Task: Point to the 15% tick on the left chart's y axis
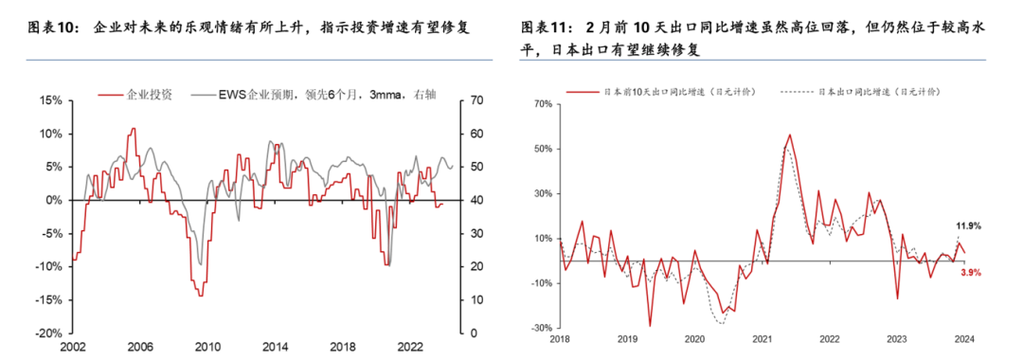pos(49,100)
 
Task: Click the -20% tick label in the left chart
pos(47,333)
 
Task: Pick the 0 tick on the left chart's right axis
pos(474,333)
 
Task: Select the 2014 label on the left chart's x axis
pos(275,348)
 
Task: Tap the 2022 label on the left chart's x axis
pos(410,348)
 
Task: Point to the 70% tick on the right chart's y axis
pos(542,103)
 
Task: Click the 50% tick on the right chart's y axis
pos(542,149)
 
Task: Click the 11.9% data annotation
pos(968,226)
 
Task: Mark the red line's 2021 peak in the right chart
pos(789,135)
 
